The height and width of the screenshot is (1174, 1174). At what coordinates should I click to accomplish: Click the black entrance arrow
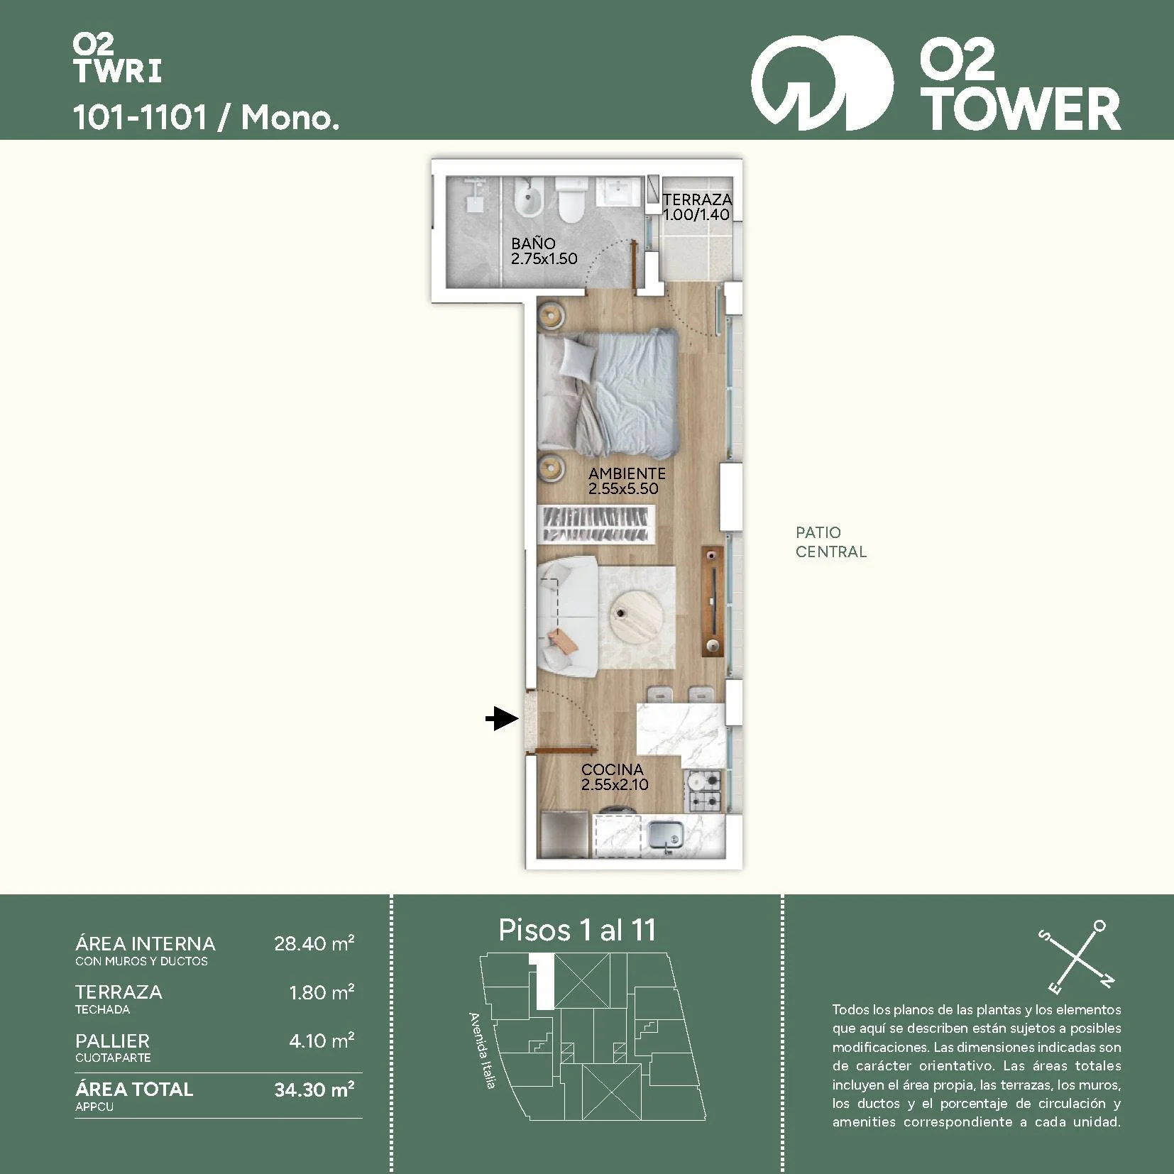click(x=503, y=719)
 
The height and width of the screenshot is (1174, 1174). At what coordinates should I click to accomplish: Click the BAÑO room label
click(x=533, y=243)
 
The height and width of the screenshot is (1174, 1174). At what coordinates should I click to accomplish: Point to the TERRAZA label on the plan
click(x=697, y=199)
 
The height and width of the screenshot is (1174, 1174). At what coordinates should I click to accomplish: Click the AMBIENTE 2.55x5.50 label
click(x=627, y=481)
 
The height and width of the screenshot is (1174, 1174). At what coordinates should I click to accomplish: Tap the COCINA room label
click(x=612, y=769)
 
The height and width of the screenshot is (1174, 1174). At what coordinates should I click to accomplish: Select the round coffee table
click(x=635, y=613)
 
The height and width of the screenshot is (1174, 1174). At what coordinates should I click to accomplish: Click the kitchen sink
click(x=666, y=834)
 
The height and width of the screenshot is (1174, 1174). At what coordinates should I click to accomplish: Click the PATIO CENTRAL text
click(x=830, y=542)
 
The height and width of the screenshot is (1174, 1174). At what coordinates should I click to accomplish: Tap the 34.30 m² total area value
click(x=314, y=1089)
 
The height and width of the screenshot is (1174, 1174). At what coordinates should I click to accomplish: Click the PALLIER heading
click(x=112, y=1041)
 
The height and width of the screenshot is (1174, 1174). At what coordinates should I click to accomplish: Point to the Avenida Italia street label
click(x=482, y=1050)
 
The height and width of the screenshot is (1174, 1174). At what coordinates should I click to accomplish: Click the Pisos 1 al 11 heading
click(x=577, y=930)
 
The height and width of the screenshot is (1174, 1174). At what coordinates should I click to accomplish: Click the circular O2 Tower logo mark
click(x=822, y=84)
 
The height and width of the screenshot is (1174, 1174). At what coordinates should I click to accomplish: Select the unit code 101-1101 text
click(x=140, y=117)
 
